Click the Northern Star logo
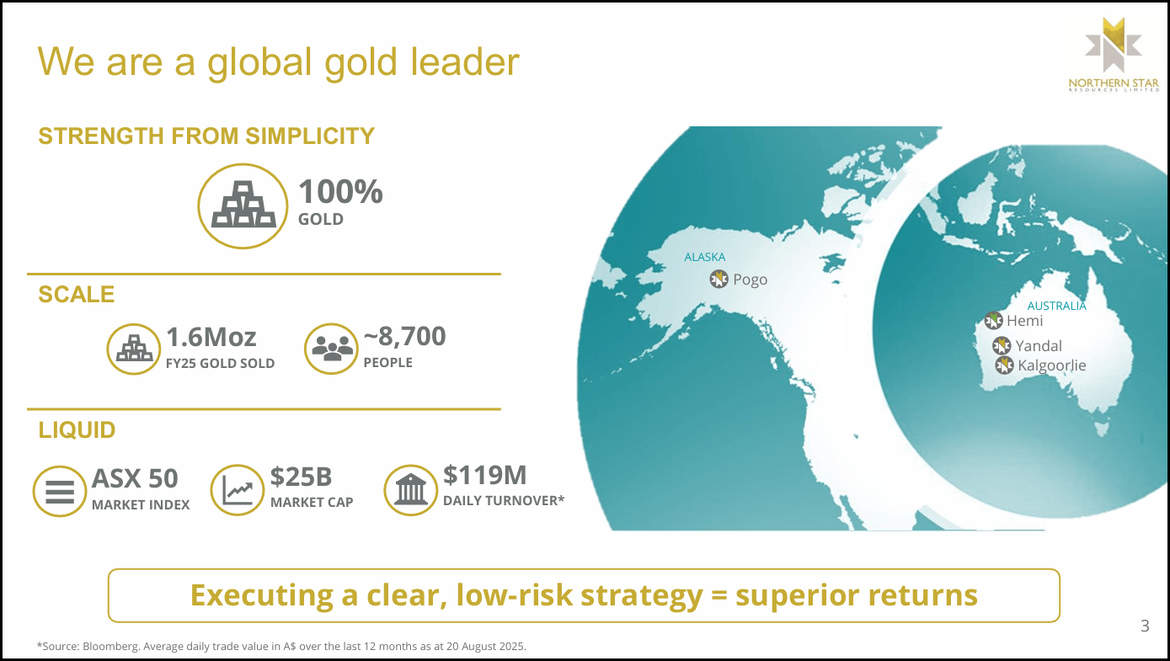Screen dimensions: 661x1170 (x=1113, y=60)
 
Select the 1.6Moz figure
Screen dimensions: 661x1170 (x=211, y=337)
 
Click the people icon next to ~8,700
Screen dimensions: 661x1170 (x=332, y=349)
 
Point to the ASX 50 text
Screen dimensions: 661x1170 (x=135, y=478)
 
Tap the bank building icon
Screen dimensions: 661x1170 (x=410, y=489)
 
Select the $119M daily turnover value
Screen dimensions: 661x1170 (x=485, y=476)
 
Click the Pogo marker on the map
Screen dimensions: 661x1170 (x=719, y=280)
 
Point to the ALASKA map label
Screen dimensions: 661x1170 (x=704, y=257)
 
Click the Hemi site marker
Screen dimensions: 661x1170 (x=994, y=321)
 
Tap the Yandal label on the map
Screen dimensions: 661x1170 (x=1039, y=346)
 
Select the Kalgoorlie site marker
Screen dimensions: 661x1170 (x=1004, y=365)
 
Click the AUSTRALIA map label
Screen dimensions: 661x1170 (x=1056, y=306)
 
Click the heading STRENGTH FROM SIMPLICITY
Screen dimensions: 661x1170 (x=206, y=136)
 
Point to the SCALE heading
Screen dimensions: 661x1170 (x=77, y=295)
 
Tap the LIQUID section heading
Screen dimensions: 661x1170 (x=77, y=430)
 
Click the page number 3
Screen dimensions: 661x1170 (x=1145, y=626)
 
